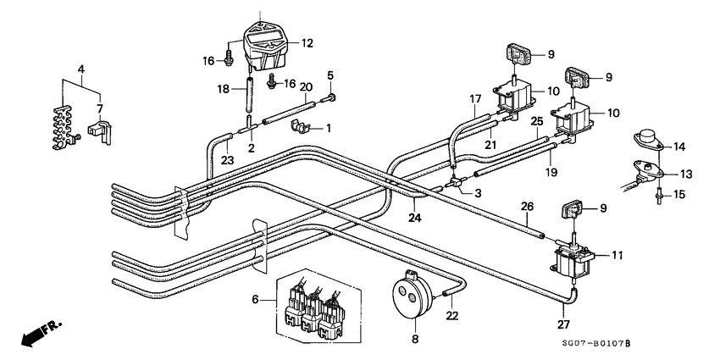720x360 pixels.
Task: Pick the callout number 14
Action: coord(679,147)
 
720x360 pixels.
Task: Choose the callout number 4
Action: coord(80,68)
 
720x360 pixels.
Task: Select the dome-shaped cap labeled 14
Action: coord(649,137)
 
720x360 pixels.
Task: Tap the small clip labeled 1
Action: coord(300,127)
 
